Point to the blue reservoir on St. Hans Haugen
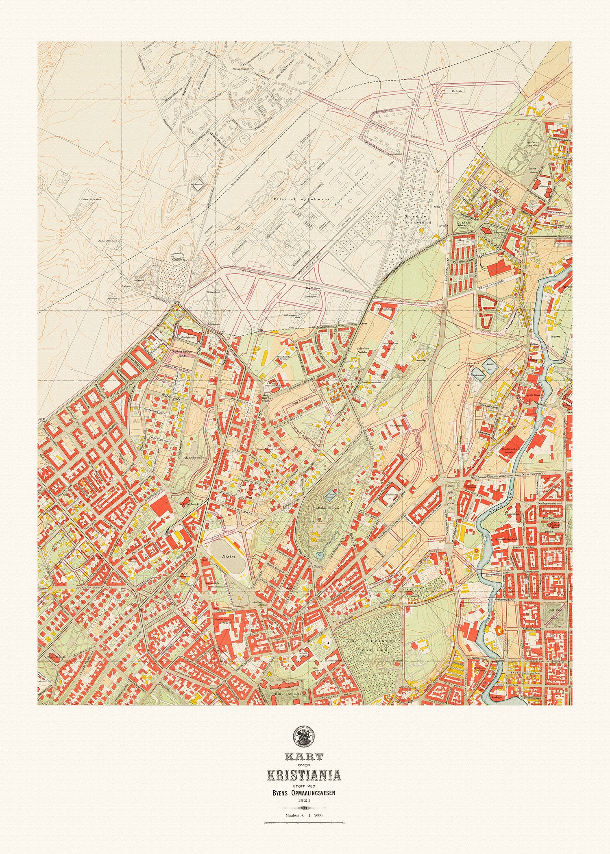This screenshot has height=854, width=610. tap(329, 496)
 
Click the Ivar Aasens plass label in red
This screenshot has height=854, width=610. tap(441, 308)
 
